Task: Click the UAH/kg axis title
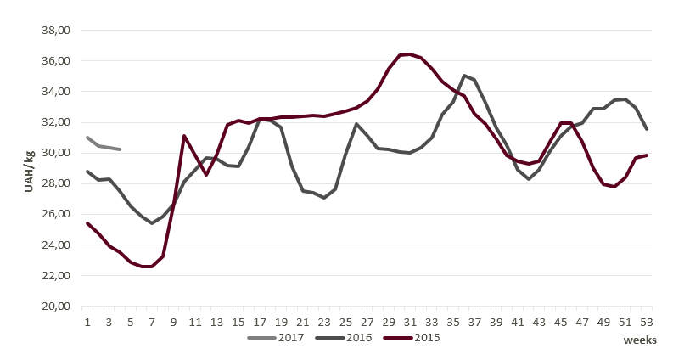(29, 168)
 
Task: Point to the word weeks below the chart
(640, 340)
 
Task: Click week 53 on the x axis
(647, 323)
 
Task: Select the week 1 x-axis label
(87, 323)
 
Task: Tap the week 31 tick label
(410, 323)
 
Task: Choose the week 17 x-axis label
(260, 323)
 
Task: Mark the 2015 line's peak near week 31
(410, 54)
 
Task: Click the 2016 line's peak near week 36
(464, 76)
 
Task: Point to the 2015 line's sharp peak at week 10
(184, 136)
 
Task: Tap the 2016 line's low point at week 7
(152, 223)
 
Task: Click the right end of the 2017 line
(120, 149)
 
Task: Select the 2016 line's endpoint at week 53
(647, 129)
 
